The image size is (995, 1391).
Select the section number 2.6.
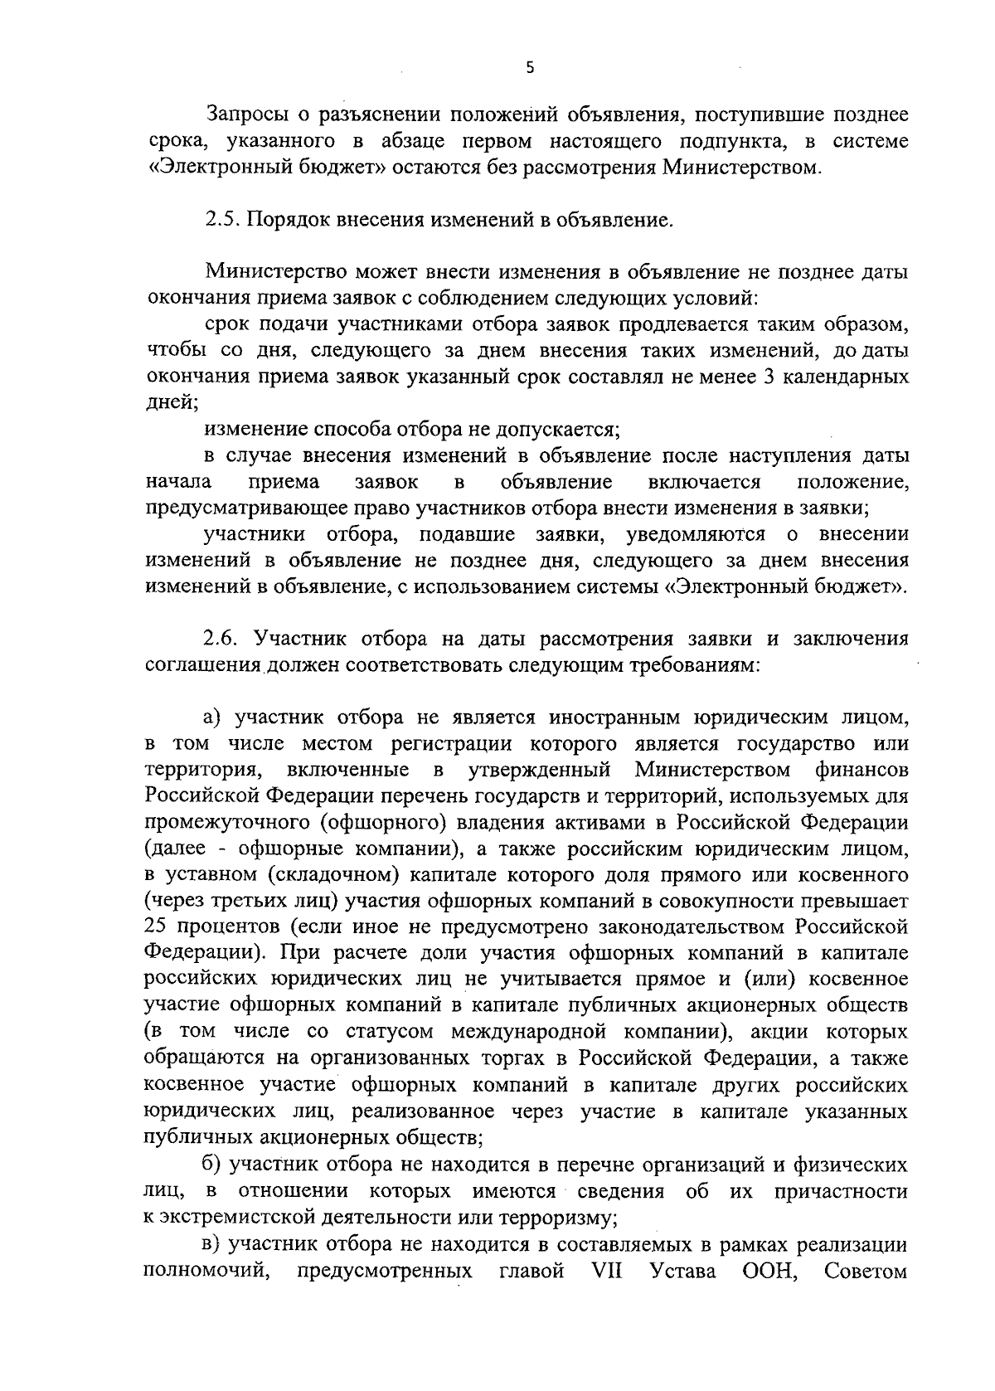click(222, 639)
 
